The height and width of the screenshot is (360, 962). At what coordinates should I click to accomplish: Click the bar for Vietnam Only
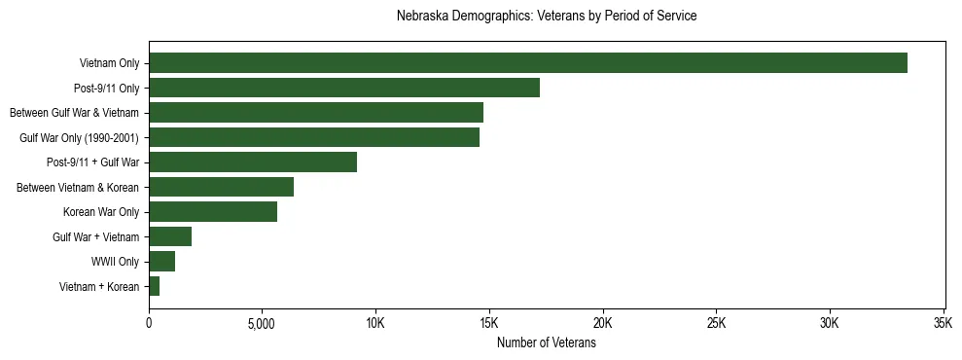tap(528, 63)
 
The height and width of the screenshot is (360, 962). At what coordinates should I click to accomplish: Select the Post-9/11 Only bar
tap(344, 89)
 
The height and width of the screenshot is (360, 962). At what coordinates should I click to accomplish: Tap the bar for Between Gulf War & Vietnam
tap(316, 113)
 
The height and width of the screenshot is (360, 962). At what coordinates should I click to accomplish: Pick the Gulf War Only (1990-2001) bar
tap(314, 138)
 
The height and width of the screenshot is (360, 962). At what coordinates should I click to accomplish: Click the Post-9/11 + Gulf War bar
tap(253, 162)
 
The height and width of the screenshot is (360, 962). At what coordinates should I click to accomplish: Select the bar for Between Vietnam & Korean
tap(221, 188)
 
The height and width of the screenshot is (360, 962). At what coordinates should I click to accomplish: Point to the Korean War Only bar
tap(213, 212)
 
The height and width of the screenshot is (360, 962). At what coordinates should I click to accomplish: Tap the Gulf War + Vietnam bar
tap(170, 236)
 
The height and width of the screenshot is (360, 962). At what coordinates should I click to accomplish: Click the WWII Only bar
tap(161, 262)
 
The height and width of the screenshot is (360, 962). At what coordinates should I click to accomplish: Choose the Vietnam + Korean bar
tap(154, 286)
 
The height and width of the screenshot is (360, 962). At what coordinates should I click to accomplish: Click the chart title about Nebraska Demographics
tap(547, 17)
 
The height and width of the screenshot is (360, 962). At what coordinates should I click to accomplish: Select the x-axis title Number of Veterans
tap(547, 343)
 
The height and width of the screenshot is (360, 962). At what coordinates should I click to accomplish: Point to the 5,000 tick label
tap(263, 323)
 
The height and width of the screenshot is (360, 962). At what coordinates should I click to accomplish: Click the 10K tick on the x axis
tap(375, 323)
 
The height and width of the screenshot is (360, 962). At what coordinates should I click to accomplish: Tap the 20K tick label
tap(603, 323)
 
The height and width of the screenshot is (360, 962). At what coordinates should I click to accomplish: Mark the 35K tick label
tap(943, 323)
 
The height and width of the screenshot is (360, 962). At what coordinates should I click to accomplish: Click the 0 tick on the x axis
tap(149, 323)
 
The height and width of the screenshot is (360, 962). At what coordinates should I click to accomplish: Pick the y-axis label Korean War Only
tap(101, 212)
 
